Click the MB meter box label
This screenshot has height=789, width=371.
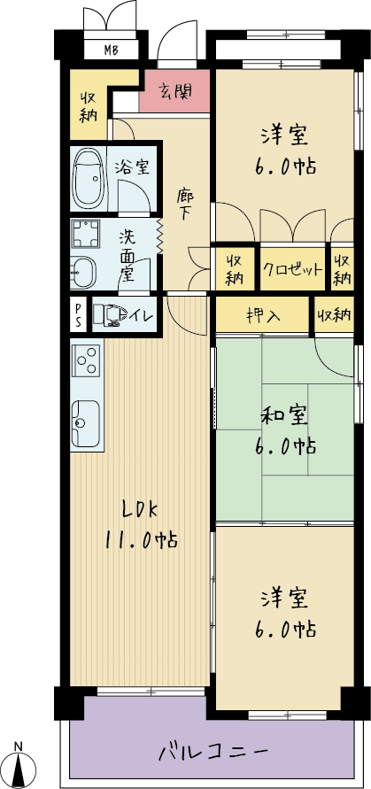pos(111,50)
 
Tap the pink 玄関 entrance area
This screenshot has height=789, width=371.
pos(174,91)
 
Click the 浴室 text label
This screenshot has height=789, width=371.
pos(131,166)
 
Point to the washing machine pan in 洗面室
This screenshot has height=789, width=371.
pos(86,234)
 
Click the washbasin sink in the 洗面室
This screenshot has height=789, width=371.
pos(82,272)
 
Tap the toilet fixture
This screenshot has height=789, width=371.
pos(112,314)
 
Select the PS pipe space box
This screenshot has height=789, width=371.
pos(79,314)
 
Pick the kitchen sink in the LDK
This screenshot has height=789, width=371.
pos(85,423)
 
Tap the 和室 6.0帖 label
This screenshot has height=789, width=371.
pos(289,430)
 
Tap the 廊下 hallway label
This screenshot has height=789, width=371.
pos(185,205)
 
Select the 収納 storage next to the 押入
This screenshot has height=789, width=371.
pos(334,315)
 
